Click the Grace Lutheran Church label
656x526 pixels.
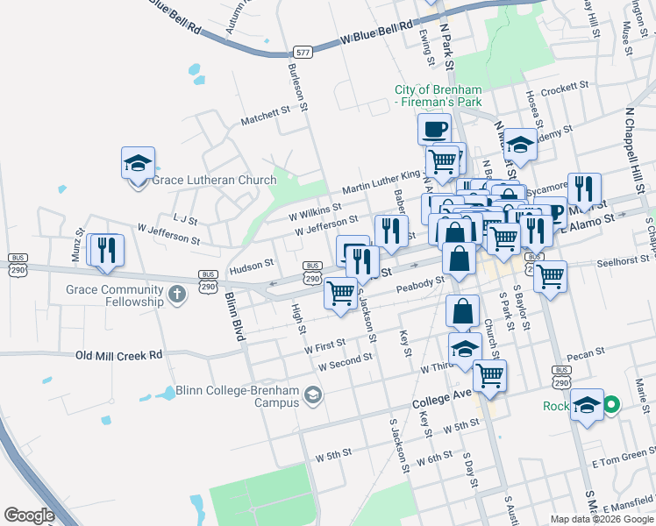[x=214, y=181]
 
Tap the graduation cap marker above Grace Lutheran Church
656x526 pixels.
[x=139, y=164]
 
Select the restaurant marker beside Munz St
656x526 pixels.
[x=108, y=250]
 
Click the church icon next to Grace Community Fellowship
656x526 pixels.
[x=178, y=294]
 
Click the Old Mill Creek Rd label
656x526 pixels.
[x=119, y=355]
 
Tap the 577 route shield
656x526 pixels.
[x=303, y=53]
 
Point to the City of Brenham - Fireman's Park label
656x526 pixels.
[x=439, y=96]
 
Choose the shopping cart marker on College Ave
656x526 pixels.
[x=490, y=375]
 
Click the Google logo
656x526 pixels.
[x=29, y=515]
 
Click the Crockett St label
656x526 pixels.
[x=563, y=88]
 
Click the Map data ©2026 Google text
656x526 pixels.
[x=602, y=519]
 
